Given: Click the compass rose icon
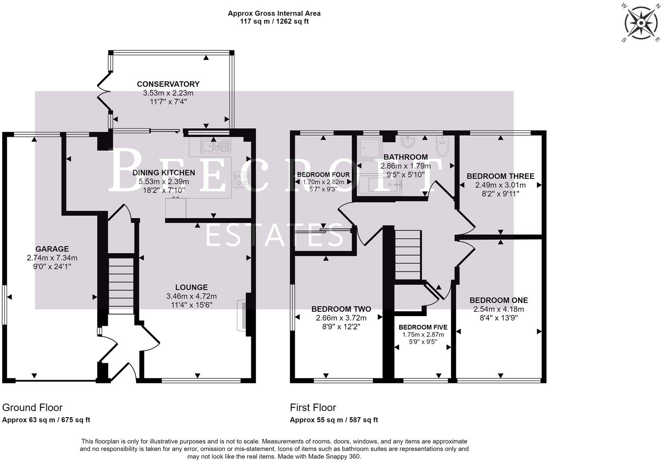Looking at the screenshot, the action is pos(641,23).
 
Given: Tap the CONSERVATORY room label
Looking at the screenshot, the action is pos(168,84).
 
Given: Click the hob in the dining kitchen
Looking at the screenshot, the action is pos(241,180).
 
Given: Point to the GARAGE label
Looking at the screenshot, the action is pos(52,249).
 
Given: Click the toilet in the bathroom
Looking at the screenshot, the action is pos(442,146).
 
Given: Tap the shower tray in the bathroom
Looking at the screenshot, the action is pos(369,148).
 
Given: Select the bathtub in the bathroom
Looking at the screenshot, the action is pos(380,185).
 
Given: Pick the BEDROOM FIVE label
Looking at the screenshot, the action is pos(423,327).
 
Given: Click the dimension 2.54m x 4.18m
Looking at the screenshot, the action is pos(499,309).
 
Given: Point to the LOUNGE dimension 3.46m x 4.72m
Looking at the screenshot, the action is pos(192,296).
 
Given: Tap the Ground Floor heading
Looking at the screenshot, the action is pos(32,408).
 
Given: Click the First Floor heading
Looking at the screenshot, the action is pos(313,408).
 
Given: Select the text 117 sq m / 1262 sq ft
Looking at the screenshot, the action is pos(274,21).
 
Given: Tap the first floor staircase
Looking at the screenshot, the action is pos(408,255).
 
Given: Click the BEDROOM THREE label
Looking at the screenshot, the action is pos(500,176).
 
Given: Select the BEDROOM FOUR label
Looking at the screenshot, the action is pos(323,175).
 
